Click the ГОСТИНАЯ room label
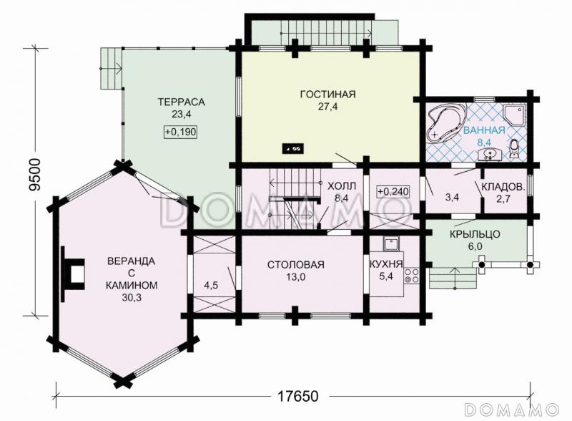click(x=327, y=95)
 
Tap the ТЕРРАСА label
click(x=182, y=102)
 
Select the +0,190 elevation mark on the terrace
click(x=181, y=132)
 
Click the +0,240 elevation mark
click(x=393, y=191)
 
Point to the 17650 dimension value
click(x=298, y=396)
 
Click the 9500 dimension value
click(x=35, y=175)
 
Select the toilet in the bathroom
click(x=515, y=149)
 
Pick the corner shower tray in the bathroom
click(x=515, y=114)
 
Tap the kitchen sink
click(x=391, y=243)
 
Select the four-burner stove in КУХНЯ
click(x=410, y=277)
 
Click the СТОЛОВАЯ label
click(x=296, y=265)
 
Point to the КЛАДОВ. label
click(x=503, y=187)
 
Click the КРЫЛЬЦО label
click(x=475, y=234)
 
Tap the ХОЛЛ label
click(x=342, y=186)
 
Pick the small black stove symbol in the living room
click(x=293, y=149)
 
